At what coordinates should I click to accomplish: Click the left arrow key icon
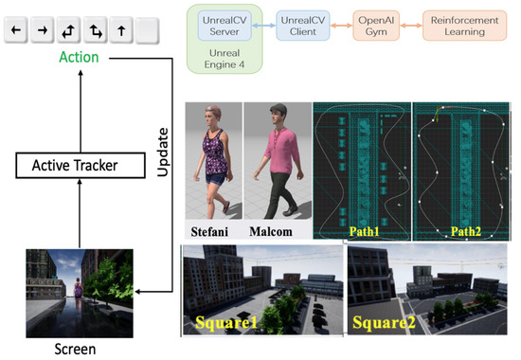pyautogui.click(x=15, y=31)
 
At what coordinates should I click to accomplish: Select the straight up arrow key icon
pyautogui.click(x=122, y=31)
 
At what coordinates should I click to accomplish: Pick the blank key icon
pyautogui.click(x=148, y=31)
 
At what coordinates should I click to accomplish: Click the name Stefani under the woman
pyautogui.click(x=209, y=230)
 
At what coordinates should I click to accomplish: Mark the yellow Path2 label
pyautogui.click(x=464, y=230)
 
